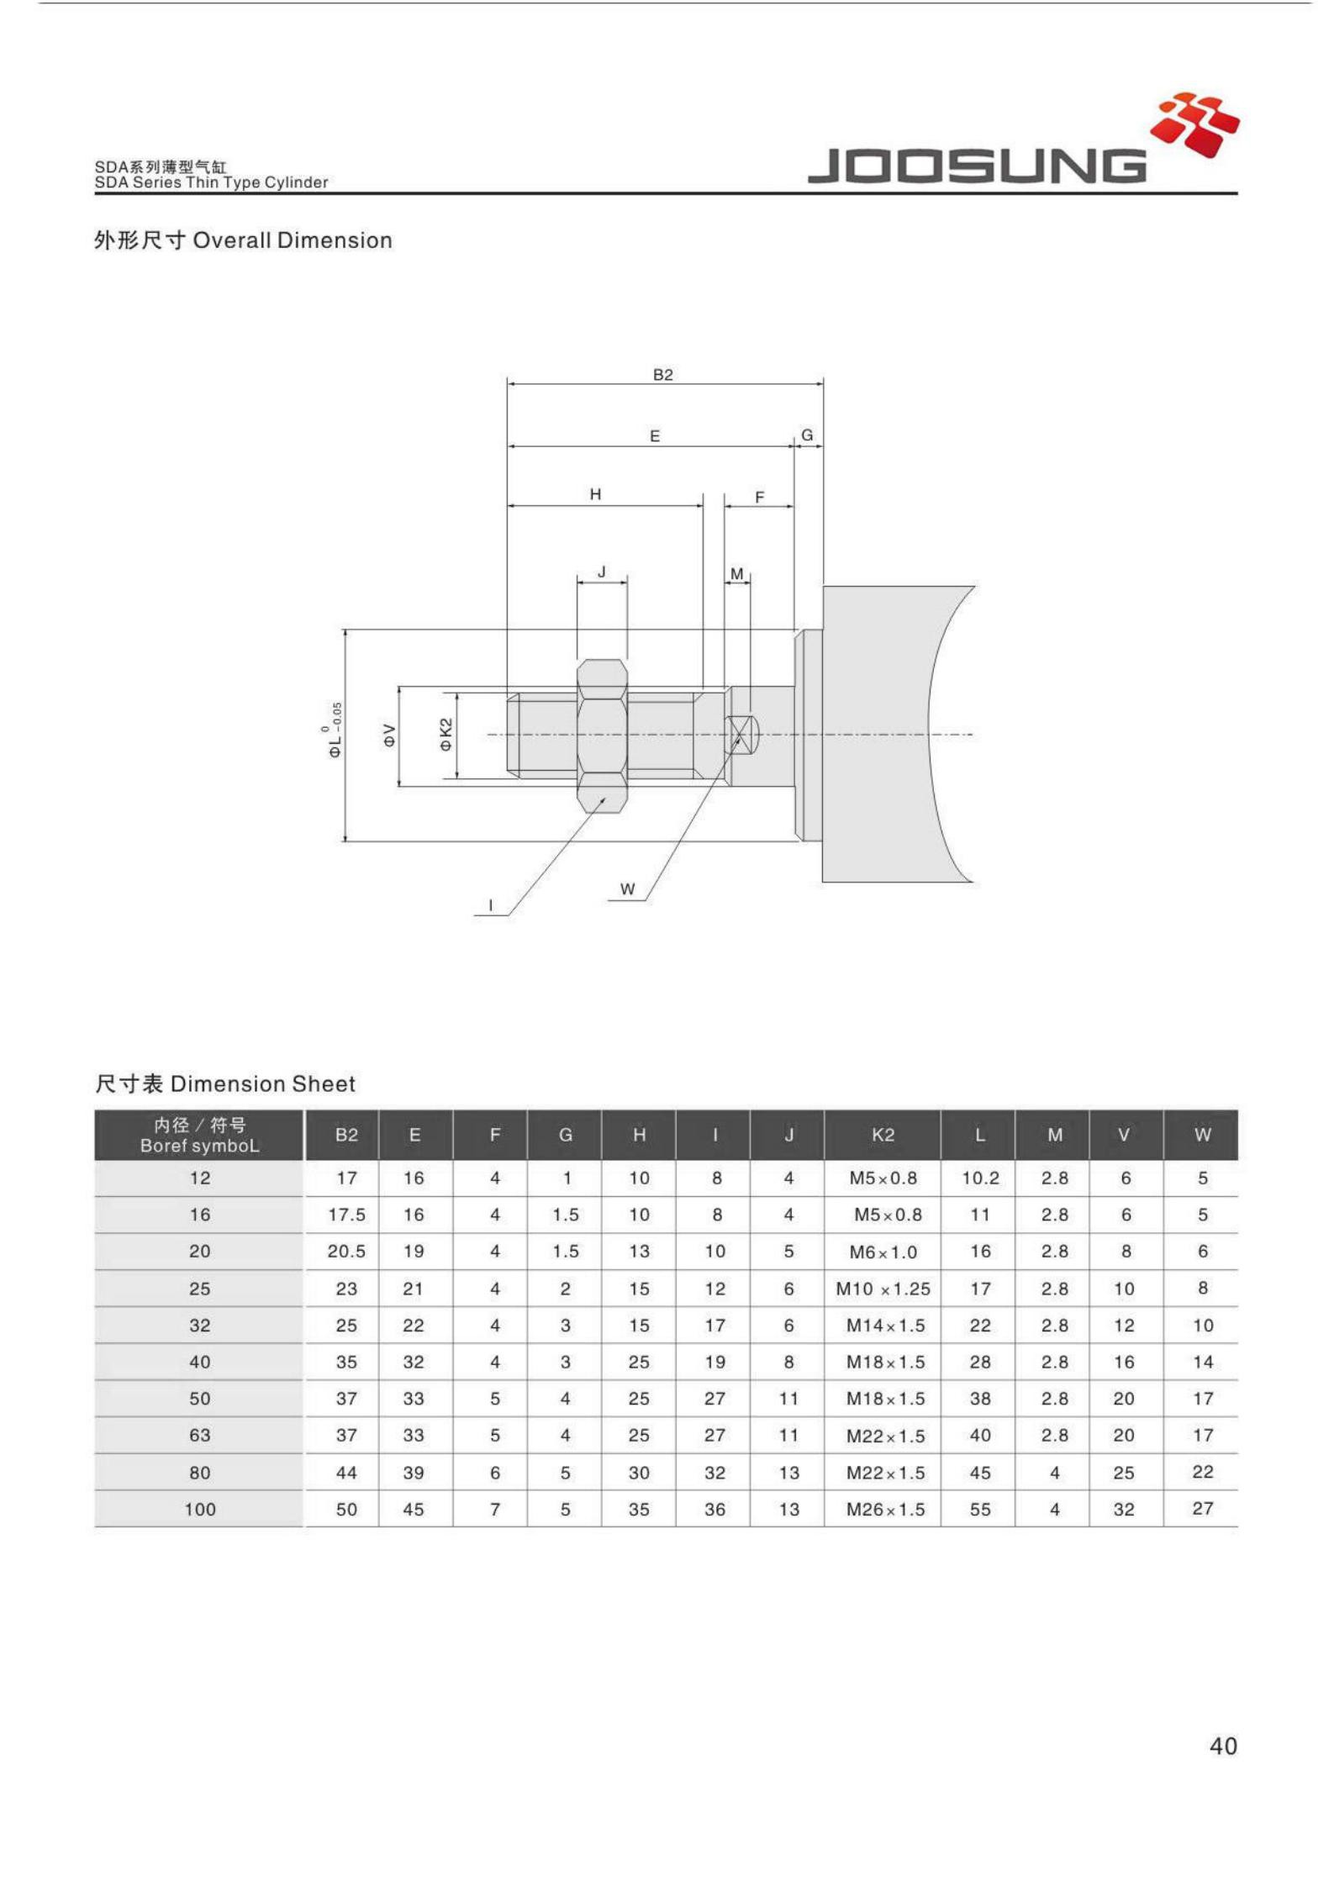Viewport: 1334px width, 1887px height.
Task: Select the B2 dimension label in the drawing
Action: [x=662, y=375]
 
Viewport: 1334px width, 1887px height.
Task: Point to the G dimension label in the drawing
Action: [x=807, y=435]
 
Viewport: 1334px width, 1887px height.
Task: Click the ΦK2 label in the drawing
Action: [x=446, y=735]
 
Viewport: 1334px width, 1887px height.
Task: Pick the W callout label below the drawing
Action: [x=627, y=888]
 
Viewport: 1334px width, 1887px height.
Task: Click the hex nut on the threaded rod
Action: [x=602, y=735]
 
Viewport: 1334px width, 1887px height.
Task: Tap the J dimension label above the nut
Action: [x=602, y=572]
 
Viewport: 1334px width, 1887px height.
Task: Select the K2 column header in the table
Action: [x=883, y=1135]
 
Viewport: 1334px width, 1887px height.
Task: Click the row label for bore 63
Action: [x=199, y=1435]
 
